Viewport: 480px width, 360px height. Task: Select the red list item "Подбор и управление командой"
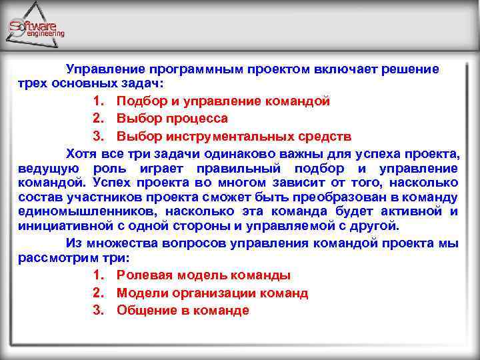click(x=223, y=102)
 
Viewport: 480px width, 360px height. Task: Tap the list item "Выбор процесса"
click(x=172, y=119)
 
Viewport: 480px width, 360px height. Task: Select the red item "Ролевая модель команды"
click(x=203, y=275)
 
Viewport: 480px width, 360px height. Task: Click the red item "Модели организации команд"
click(x=212, y=293)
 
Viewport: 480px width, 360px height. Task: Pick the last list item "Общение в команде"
click(x=183, y=310)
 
